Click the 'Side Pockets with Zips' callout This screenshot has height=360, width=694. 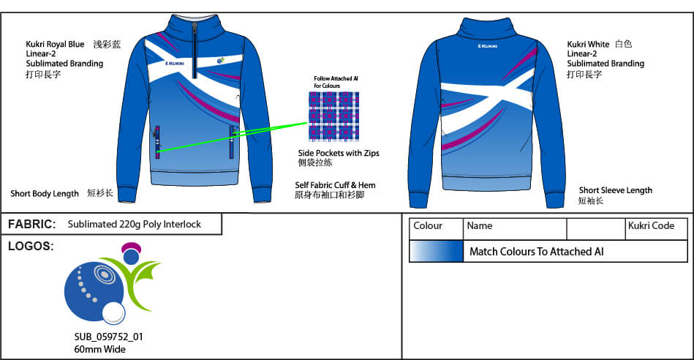pos(338,153)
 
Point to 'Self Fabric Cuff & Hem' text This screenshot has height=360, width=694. pos(335,186)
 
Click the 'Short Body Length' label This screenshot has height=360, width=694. pos(45,194)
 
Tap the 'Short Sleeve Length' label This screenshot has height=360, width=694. pos(615,190)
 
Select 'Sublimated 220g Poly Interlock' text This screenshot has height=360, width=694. pos(134,225)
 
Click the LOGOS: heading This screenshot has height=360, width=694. pos(31,246)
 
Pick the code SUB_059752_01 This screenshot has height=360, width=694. pos(108,337)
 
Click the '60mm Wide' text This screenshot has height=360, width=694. pos(94,349)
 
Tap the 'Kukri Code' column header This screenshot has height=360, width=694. pos(651,226)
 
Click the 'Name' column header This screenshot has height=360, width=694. pos(480,226)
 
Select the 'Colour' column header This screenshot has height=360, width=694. pos(428,226)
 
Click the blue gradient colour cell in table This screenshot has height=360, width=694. pos(436,252)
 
